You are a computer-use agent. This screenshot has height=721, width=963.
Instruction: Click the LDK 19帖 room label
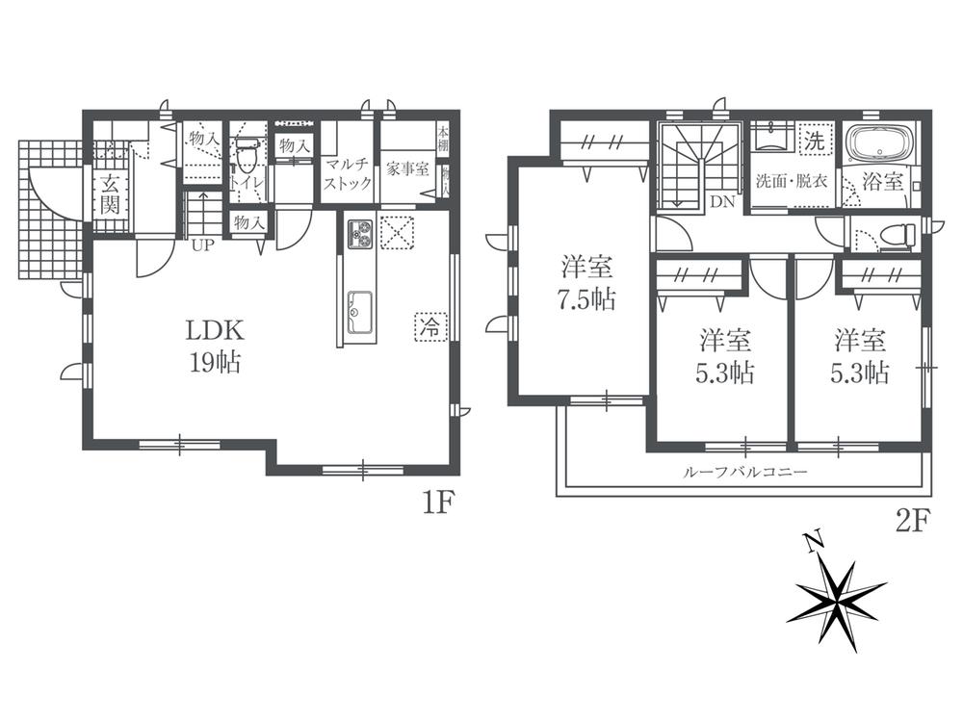coord(214,347)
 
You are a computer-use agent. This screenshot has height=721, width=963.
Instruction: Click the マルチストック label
coord(348,173)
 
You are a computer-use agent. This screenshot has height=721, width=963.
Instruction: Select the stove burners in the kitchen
coord(359,233)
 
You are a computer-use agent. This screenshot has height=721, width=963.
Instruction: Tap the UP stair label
coord(203,245)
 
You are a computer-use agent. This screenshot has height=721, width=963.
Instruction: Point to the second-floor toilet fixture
coord(898,234)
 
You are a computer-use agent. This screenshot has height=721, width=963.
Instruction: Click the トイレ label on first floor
coord(247,178)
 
